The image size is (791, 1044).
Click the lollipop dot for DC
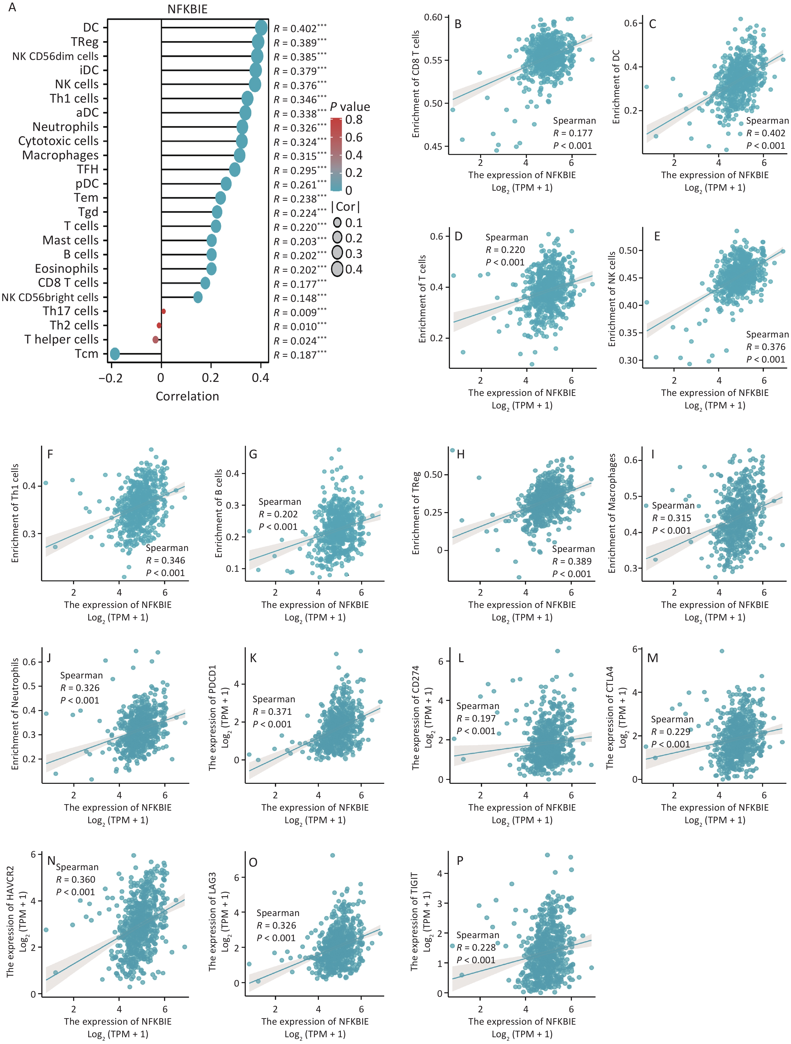tap(261, 28)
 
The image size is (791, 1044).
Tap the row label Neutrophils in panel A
tap(66, 127)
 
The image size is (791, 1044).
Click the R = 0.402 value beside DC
tap(299, 29)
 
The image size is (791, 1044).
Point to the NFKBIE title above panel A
tap(188, 9)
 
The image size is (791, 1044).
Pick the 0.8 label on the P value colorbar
tap(354, 120)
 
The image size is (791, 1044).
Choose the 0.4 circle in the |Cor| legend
tap(337, 269)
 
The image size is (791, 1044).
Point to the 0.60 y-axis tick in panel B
tap(433, 18)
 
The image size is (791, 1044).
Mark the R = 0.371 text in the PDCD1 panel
tap(272, 712)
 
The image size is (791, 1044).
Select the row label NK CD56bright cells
tap(50, 297)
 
